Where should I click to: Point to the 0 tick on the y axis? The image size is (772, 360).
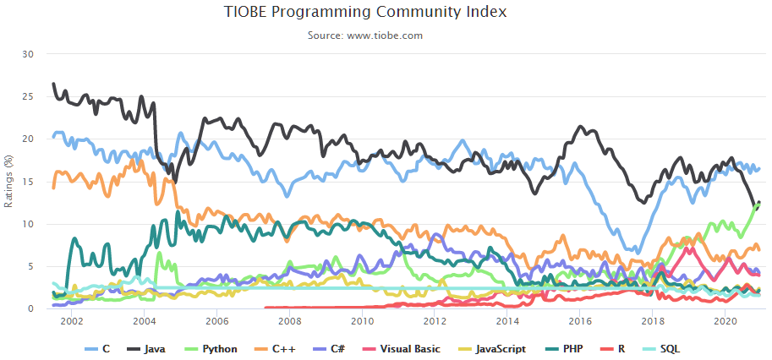[30, 309]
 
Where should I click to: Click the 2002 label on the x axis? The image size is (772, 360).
[72, 322]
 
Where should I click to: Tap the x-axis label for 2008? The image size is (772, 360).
[290, 322]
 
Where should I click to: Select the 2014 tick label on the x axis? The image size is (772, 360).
[507, 322]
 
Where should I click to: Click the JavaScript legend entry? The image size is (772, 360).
[496, 348]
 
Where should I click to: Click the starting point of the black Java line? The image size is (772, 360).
[53, 85]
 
